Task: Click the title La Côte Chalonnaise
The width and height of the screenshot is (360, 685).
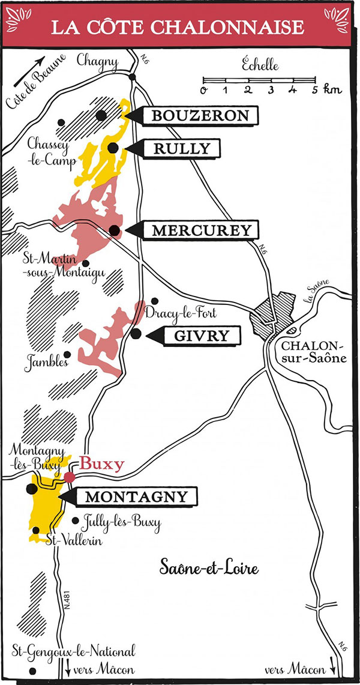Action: pyautogui.click(x=180, y=28)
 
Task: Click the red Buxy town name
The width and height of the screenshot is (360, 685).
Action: pyautogui.click(x=102, y=463)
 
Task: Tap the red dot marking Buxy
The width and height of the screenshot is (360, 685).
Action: pyautogui.click(x=70, y=477)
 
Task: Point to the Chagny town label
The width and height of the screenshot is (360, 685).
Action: pyautogui.click(x=98, y=61)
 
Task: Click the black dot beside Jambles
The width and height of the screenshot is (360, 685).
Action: pyautogui.click(x=67, y=354)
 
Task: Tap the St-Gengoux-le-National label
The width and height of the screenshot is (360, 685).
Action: pyautogui.click(x=74, y=651)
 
